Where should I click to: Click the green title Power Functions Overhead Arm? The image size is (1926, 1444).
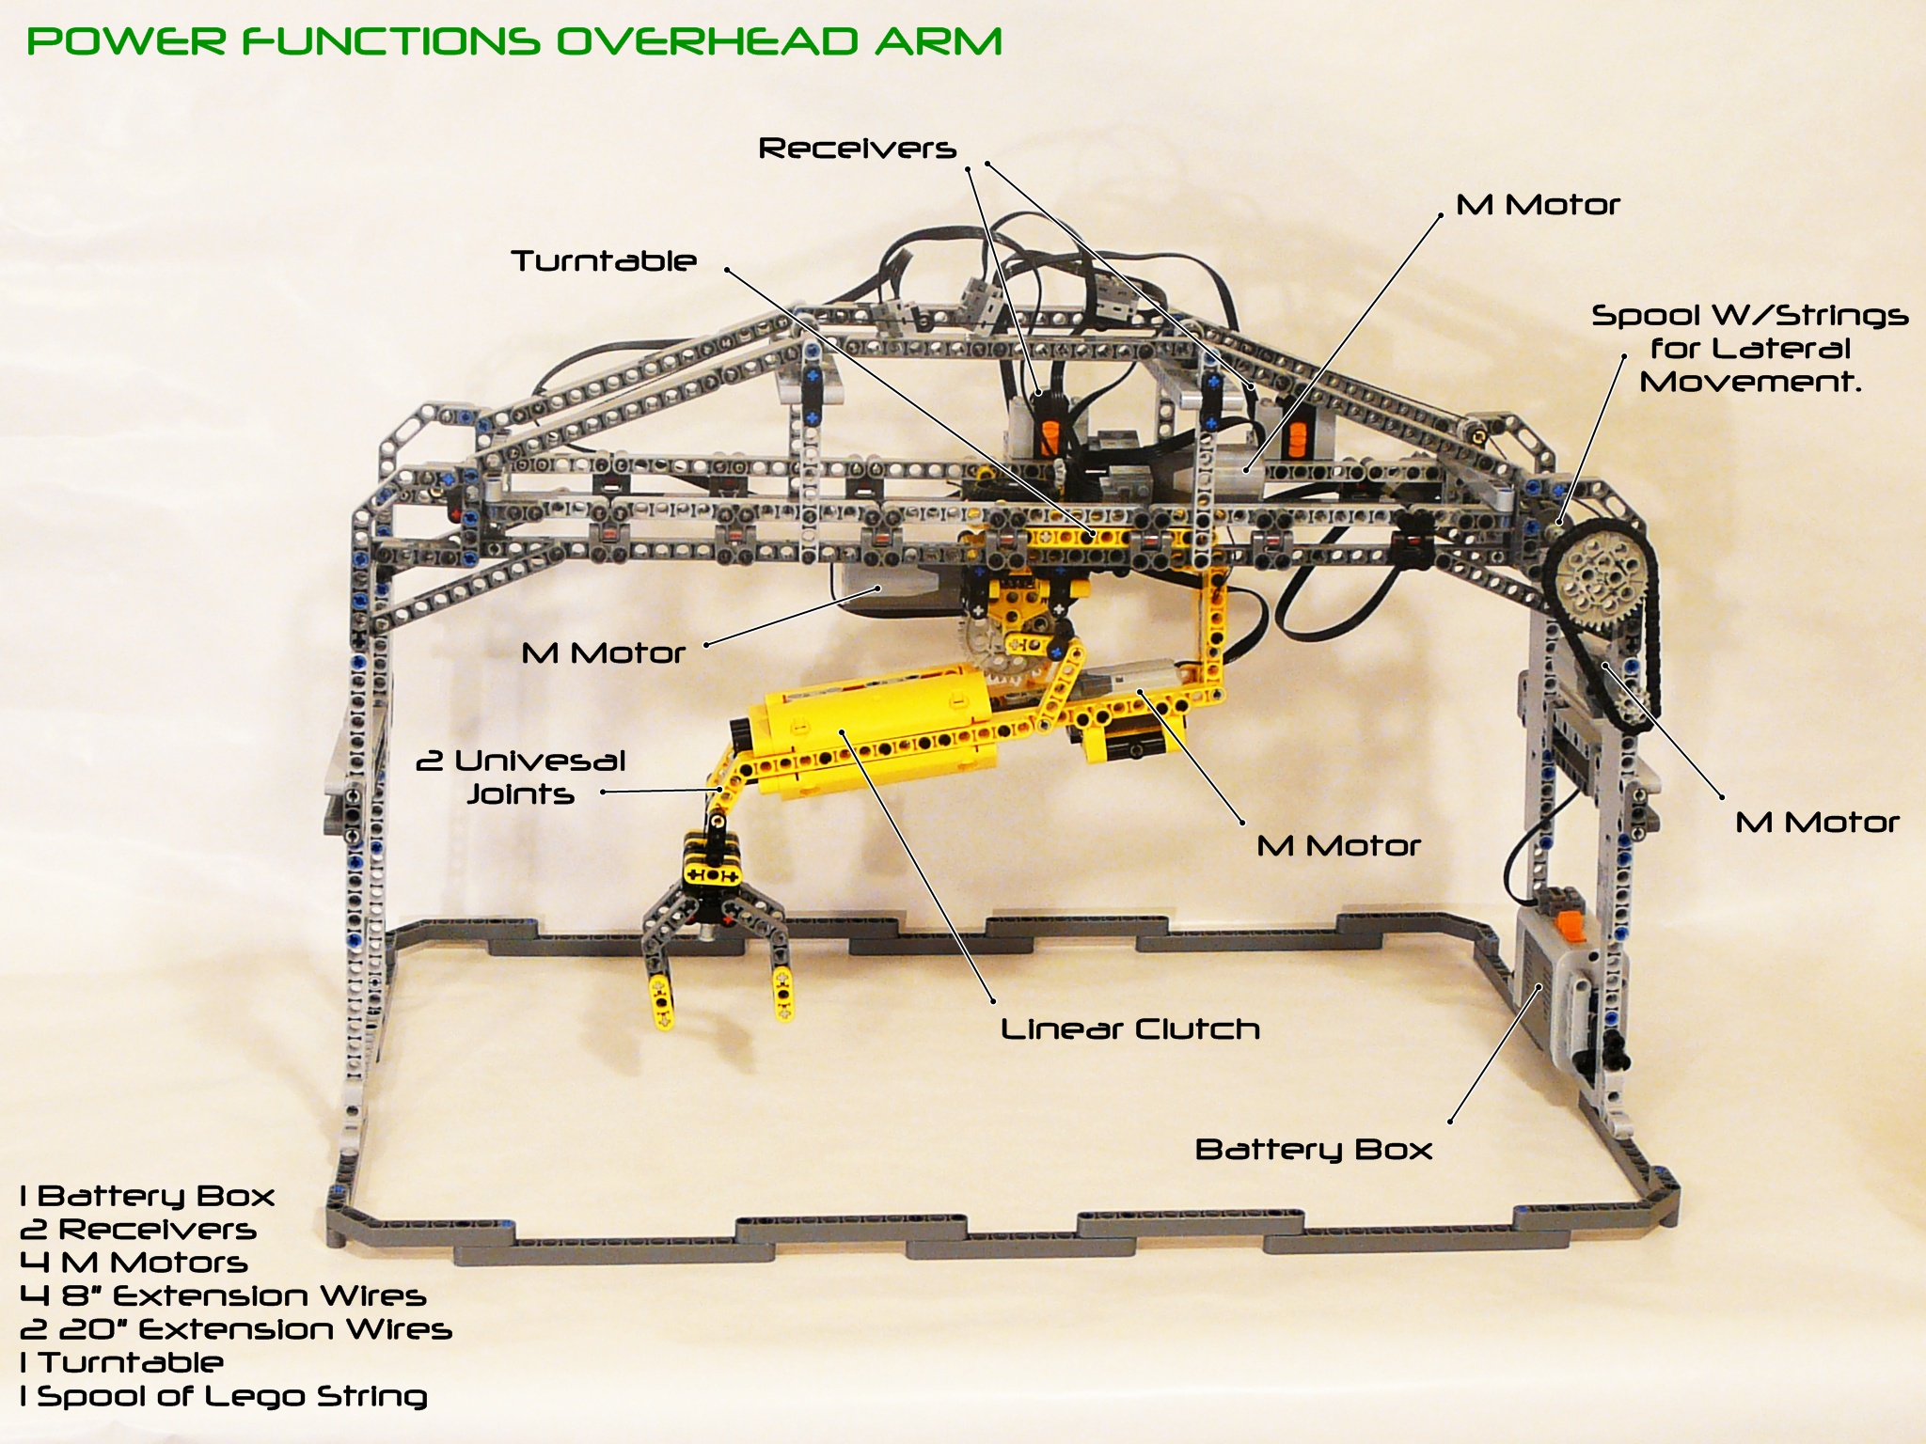point(514,41)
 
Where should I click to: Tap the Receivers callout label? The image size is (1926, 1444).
point(857,149)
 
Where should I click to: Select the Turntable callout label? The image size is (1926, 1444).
point(603,260)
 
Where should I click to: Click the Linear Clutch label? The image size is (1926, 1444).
point(1129,1028)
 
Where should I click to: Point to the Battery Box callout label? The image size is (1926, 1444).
point(1313,1149)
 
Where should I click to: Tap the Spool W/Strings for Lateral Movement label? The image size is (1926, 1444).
point(1749,348)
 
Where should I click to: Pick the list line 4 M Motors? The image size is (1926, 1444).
point(134,1262)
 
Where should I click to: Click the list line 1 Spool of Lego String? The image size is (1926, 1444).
point(223,1395)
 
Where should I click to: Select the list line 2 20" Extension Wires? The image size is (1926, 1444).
point(235,1328)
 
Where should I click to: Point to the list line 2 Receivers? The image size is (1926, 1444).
point(137,1229)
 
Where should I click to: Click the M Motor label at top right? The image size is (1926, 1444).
point(1538,205)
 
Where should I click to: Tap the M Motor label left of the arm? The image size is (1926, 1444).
point(603,652)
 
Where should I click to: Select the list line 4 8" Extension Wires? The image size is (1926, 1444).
point(223,1295)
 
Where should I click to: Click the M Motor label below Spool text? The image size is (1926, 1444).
point(1817,823)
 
